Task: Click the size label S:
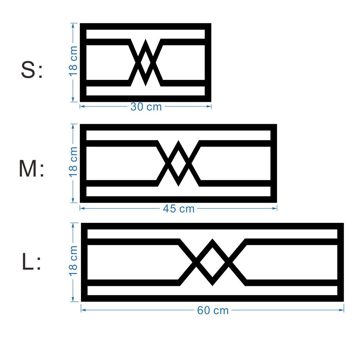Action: [32, 70]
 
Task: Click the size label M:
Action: [31, 169]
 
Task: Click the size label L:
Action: [31, 261]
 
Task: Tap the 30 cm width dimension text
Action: [146, 107]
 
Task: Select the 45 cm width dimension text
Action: [179, 209]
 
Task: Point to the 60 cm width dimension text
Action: [213, 310]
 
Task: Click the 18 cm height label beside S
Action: [73, 61]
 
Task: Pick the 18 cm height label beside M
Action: [73, 162]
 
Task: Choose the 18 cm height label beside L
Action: [73, 261]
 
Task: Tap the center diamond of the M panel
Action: [179, 163]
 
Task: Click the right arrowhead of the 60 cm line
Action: [341, 310]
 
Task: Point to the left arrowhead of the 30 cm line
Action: [82, 106]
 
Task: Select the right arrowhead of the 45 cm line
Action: [275, 208]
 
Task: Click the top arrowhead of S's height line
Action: [73, 26]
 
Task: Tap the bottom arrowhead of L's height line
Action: [73, 299]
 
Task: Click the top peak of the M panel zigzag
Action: [179, 141]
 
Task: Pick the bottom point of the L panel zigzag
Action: [212, 285]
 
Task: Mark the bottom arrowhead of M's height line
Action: [73, 200]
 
